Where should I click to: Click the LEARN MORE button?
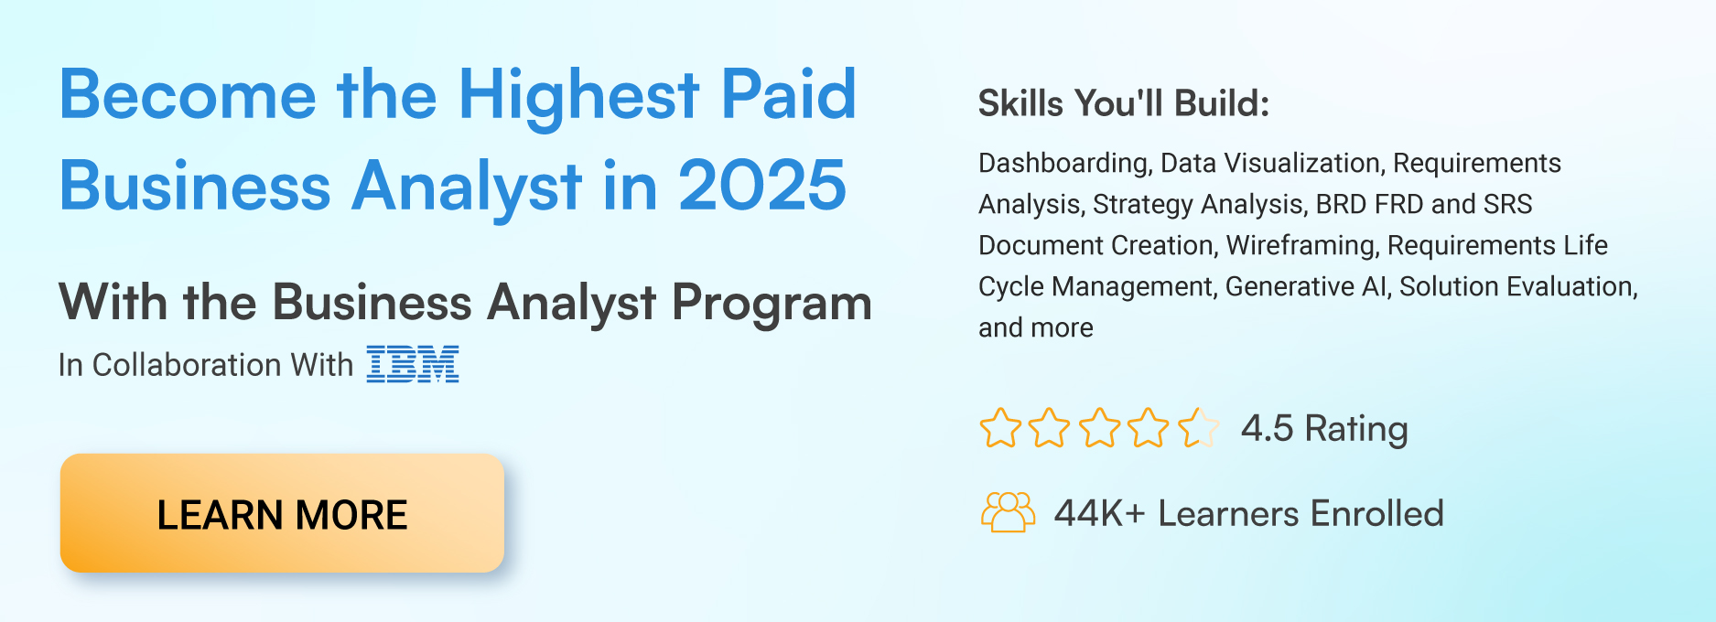point(282,514)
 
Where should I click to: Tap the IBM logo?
point(413,364)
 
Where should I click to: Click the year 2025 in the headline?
point(761,186)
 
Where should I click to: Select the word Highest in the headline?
point(578,95)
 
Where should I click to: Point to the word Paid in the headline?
point(788,95)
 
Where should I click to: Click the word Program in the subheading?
point(772,303)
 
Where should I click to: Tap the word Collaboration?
point(187,365)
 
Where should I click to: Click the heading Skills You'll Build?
point(1123,103)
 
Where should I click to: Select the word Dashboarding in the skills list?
point(1063,163)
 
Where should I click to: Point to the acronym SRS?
point(1507,204)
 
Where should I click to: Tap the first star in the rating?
point(1000,428)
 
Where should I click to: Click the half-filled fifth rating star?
point(1198,428)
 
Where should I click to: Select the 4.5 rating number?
point(1267,428)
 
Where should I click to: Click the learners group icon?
point(1008,512)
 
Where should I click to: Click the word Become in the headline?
point(188,95)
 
